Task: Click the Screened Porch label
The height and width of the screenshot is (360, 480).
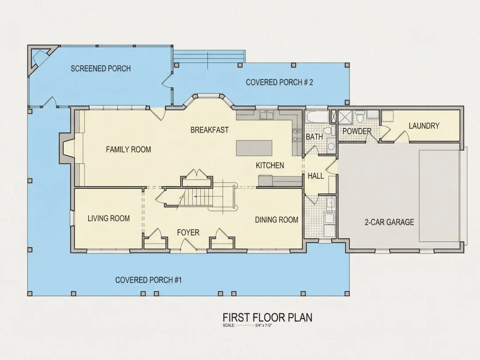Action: (x=101, y=68)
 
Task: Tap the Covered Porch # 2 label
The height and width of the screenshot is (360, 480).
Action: (x=279, y=82)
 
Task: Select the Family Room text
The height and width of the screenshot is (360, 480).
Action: (x=128, y=149)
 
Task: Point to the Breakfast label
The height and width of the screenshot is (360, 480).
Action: (x=209, y=130)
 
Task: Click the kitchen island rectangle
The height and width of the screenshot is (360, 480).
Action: (x=254, y=148)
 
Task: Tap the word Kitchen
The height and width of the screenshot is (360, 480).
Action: (x=270, y=165)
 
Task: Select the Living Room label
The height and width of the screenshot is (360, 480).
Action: (x=109, y=218)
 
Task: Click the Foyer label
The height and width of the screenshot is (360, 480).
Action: (x=188, y=232)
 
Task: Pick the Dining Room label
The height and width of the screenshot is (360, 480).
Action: (x=276, y=219)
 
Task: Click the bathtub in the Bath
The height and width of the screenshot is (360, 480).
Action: (x=317, y=117)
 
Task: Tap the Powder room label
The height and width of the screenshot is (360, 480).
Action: (x=357, y=131)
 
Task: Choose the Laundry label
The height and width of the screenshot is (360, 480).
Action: (x=424, y=126)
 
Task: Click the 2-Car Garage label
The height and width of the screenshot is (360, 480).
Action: (x=389, y=222)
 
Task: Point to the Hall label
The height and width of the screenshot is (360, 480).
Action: (x=315, y=176)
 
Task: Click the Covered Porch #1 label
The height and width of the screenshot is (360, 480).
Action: (x=148, y=280)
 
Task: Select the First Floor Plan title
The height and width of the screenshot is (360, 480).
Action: (x=267, y=317)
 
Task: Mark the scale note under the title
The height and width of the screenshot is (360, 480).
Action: (x=247, y=326)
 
